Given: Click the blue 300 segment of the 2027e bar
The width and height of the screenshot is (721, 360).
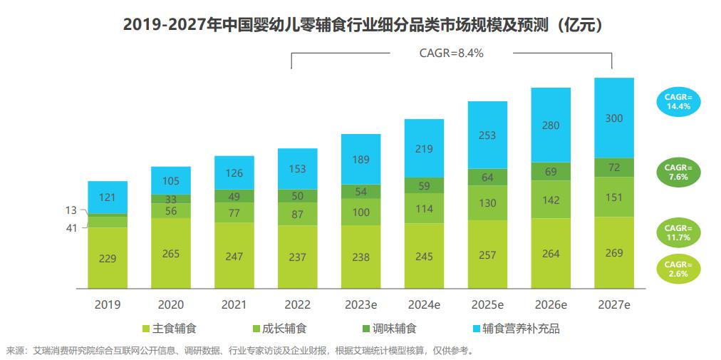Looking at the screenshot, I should point(613,118).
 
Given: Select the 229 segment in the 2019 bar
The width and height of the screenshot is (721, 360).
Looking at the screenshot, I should point(108,258).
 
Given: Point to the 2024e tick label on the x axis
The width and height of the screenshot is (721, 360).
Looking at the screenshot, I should point(424,304).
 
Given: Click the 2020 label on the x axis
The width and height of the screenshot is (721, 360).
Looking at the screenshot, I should point(171,304).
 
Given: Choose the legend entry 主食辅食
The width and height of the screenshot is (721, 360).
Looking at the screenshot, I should point(170,329).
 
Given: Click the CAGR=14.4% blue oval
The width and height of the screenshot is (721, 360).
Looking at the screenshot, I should point(679,101).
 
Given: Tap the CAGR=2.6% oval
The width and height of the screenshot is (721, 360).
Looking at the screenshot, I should point(679,268).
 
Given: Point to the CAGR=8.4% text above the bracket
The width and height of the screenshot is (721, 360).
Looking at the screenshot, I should point(451,52).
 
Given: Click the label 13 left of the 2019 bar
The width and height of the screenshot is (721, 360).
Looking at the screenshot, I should point(71,210).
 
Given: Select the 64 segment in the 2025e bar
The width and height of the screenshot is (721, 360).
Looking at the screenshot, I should point(487,177).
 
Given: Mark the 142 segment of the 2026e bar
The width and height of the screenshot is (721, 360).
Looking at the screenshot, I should point(551,200).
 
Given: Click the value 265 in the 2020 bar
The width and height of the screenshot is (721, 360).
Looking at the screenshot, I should point(171,253).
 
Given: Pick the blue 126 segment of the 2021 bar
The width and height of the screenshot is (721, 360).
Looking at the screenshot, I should point(234,173).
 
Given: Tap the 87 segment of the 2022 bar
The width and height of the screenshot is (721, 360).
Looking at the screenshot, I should point(297,215).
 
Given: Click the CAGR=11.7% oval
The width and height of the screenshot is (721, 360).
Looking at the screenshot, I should point(679,232).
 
